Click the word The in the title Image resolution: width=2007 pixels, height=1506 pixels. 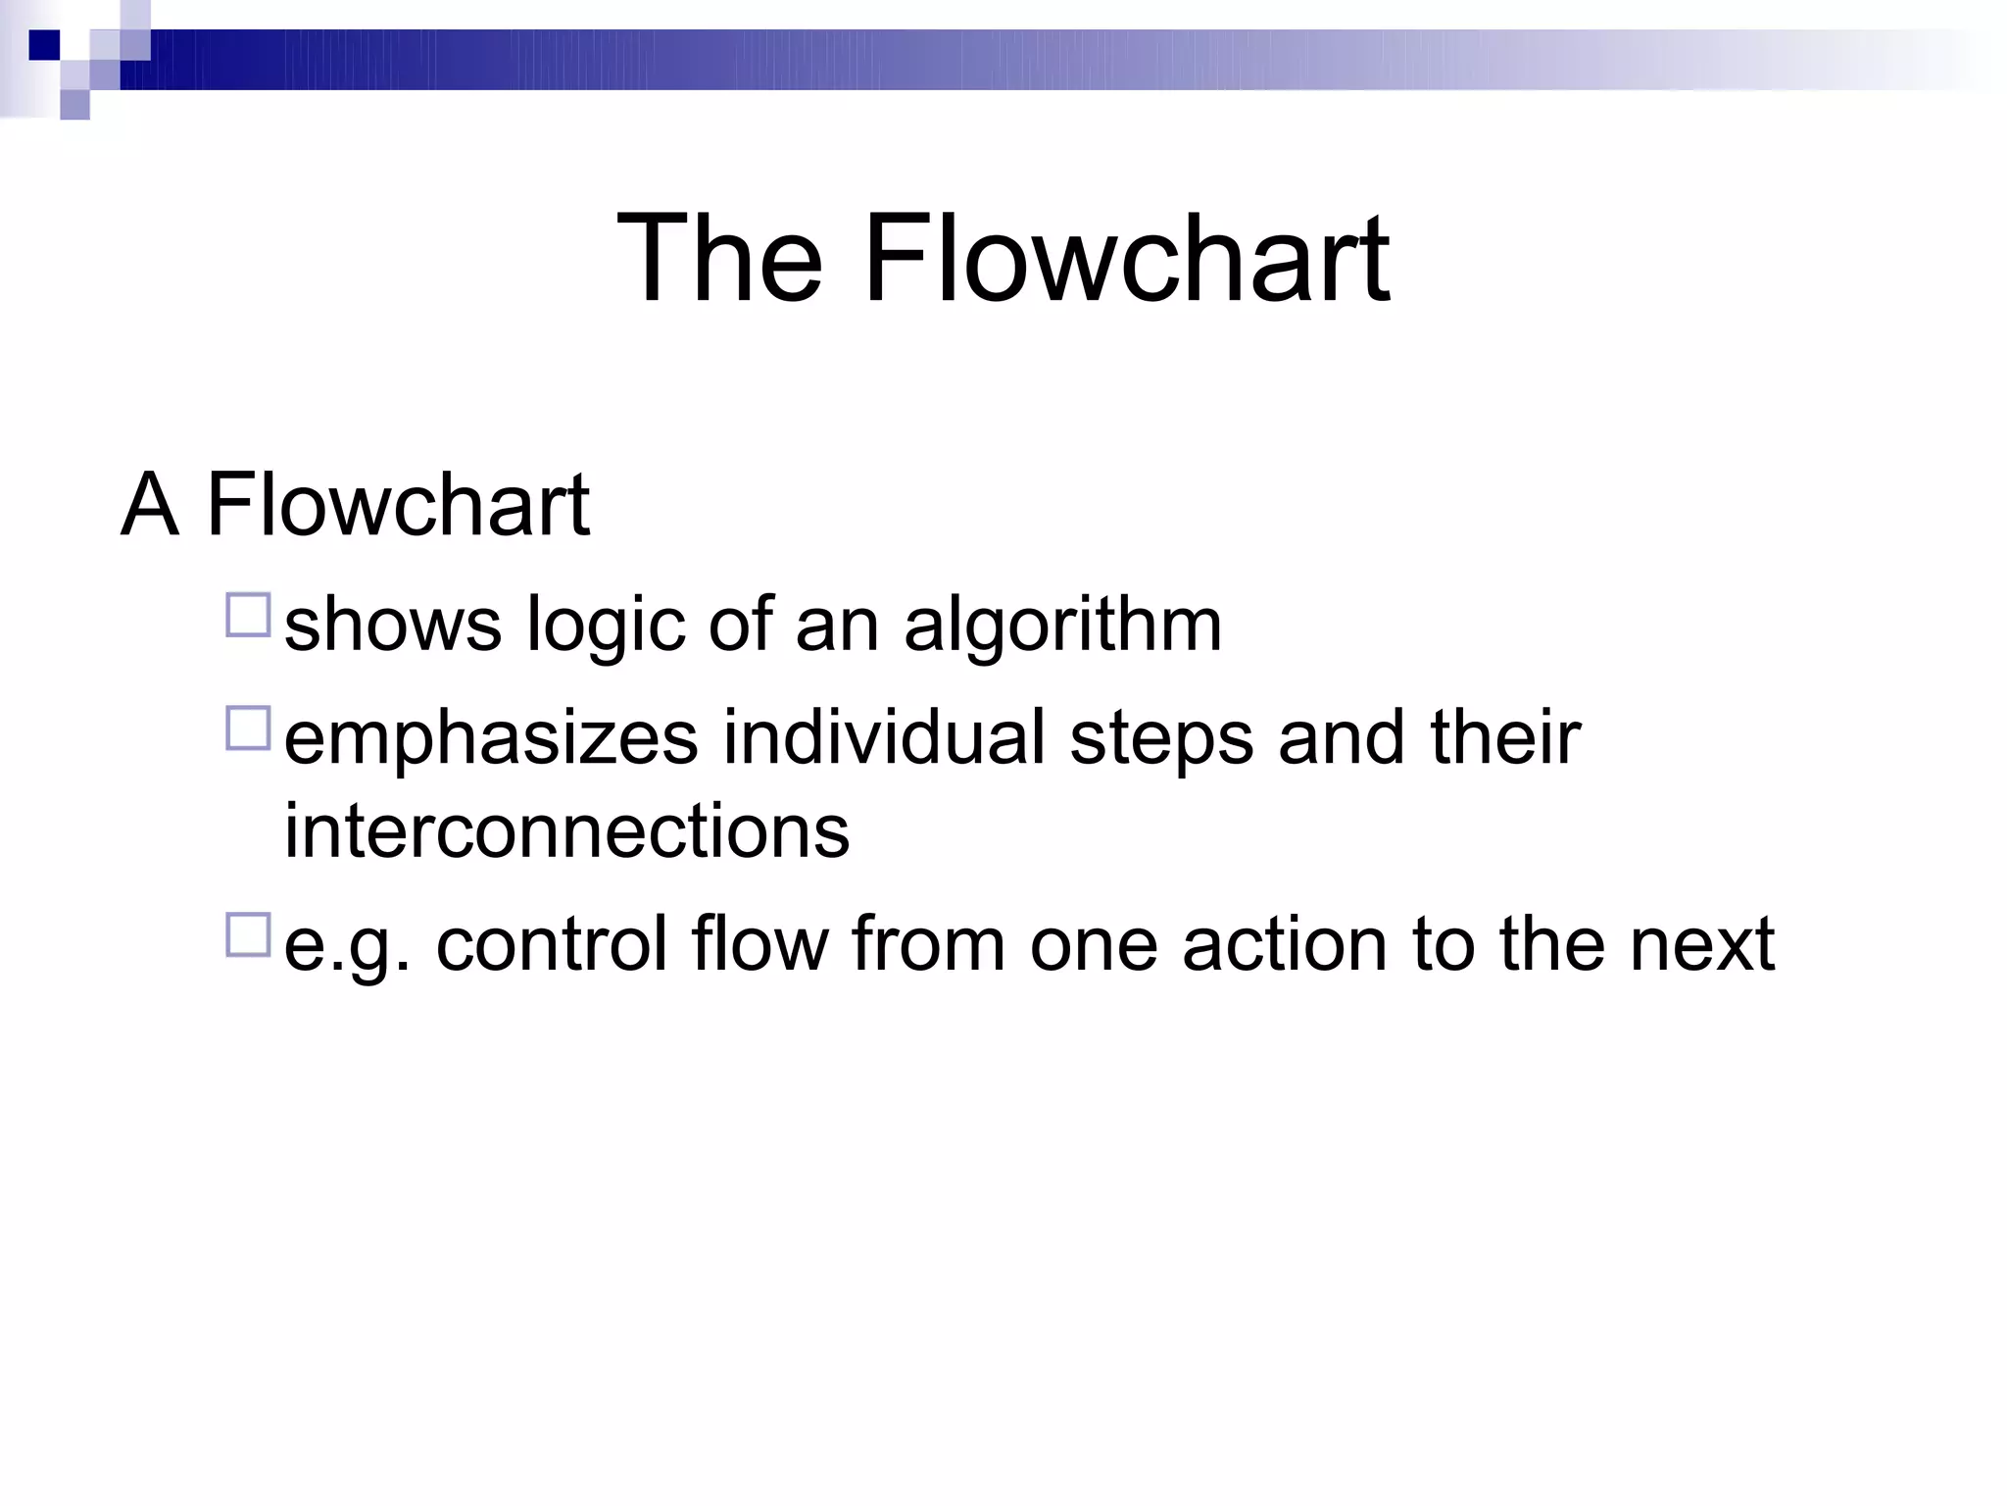pyautogui.click(x=719, y=259)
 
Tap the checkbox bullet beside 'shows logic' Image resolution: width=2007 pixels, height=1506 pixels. pyautogui.click(x=248, y=616)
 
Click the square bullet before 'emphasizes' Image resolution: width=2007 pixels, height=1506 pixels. pyautogui.click(x=248, y=728)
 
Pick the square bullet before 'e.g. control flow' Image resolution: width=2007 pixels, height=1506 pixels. pyautogui.click(x=248, y=934)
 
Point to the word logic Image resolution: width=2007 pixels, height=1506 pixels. pyautogui.click(x=605, y=626)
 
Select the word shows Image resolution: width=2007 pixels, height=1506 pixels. pyautogui.click(x=392, y=626)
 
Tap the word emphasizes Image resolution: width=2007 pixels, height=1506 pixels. pyautogui.click(x=491, y=738)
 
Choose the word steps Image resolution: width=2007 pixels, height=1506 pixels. pyautogui.click(x=1161, y=738)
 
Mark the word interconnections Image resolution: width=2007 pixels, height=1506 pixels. pyautogui.click(x=566, y=831)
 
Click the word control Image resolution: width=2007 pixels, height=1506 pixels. pyautogui.click(x=551, y=944)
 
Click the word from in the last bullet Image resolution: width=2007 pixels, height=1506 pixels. pyautogui.click(x=927, y=944)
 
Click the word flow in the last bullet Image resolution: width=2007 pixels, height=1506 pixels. pyautogui.click(x=759, y=944)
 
